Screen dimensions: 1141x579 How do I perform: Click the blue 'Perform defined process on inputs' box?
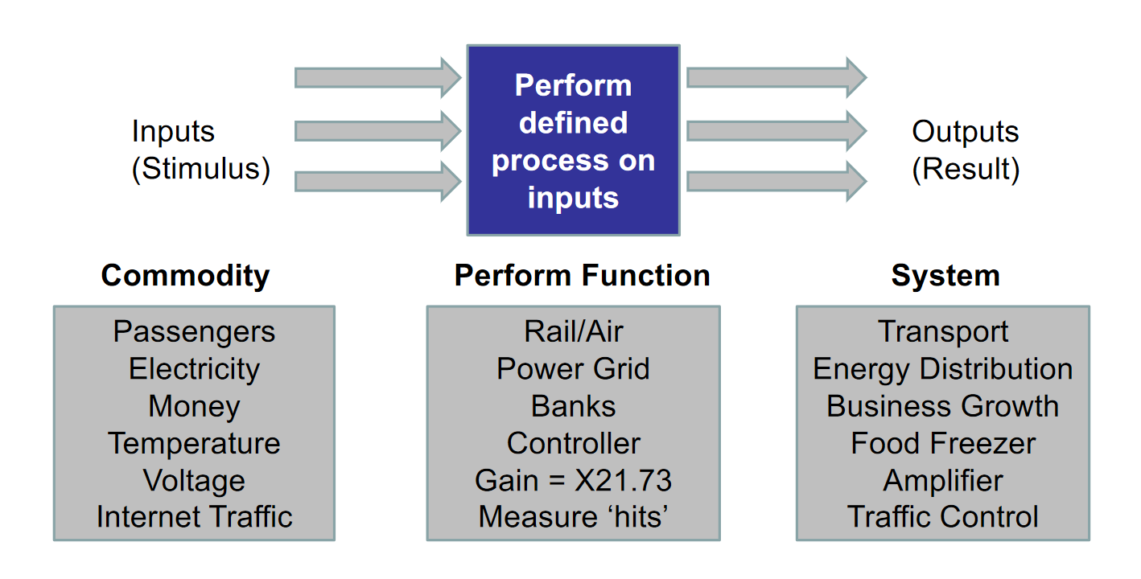pyautogui.click(x=574, y=140)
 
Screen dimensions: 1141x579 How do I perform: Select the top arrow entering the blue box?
pyautogui.click(x=378, y=78)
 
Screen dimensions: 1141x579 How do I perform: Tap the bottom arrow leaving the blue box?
pyautogui.click(x=776, y=181)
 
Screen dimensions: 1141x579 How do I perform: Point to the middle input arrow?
pyautogui.click(x=378, y=131)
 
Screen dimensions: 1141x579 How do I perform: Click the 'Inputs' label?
pyautogui.click(x=173, y=132)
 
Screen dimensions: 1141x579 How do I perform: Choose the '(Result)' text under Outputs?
pyautogui.click(x=966, y=169)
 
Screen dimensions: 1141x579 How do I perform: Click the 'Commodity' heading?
pyautogui.click(x=185, y=276)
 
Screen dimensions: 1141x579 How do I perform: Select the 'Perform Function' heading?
pyautogui.click(x=583, y=276)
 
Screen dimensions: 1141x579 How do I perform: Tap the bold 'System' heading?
pyautogui.click(x=946, y=276)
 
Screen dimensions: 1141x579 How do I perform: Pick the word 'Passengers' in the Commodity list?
pyautogui.click(x=194, y=332)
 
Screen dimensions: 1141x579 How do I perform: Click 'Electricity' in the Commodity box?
pyautogui.click(x=194, y=369)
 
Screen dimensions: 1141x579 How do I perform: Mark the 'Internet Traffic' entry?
pyautogui.click(x=195, y=517)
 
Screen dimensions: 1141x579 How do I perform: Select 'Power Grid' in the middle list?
pyautogui.click(x=574, y=368)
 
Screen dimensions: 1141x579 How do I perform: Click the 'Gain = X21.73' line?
pyautogui.click(x=574, y=480)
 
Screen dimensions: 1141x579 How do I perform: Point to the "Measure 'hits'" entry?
pyautogui.click(x=574, y=517)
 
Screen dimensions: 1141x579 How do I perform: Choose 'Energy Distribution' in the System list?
pyautogui.click(x=943, y=369)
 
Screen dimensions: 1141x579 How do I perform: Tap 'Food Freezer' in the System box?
pyautogui.click(x=943, y=443)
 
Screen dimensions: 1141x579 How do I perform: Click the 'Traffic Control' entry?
pyautogui.click(x=943, y=517)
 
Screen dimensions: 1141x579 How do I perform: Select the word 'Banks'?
pyautogui.click(x=574, y=406)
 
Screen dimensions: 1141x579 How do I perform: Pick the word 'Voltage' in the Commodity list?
pyautogui.click(x=194, y=481)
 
